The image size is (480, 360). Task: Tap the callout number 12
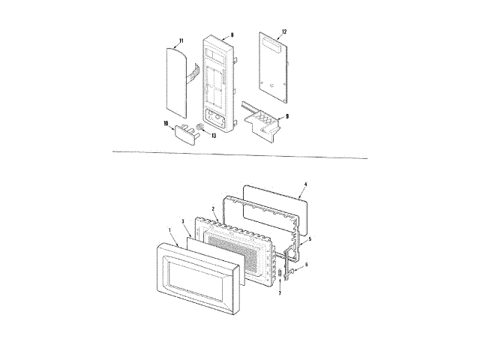[x=283, y=31]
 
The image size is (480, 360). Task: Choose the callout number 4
[x=305, y=184]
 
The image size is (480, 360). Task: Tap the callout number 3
[x=183, y=222]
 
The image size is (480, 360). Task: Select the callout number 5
[x=310, y=238]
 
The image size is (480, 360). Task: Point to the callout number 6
[x=304, y=265]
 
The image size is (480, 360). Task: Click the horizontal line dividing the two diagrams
[x=240, y=155]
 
